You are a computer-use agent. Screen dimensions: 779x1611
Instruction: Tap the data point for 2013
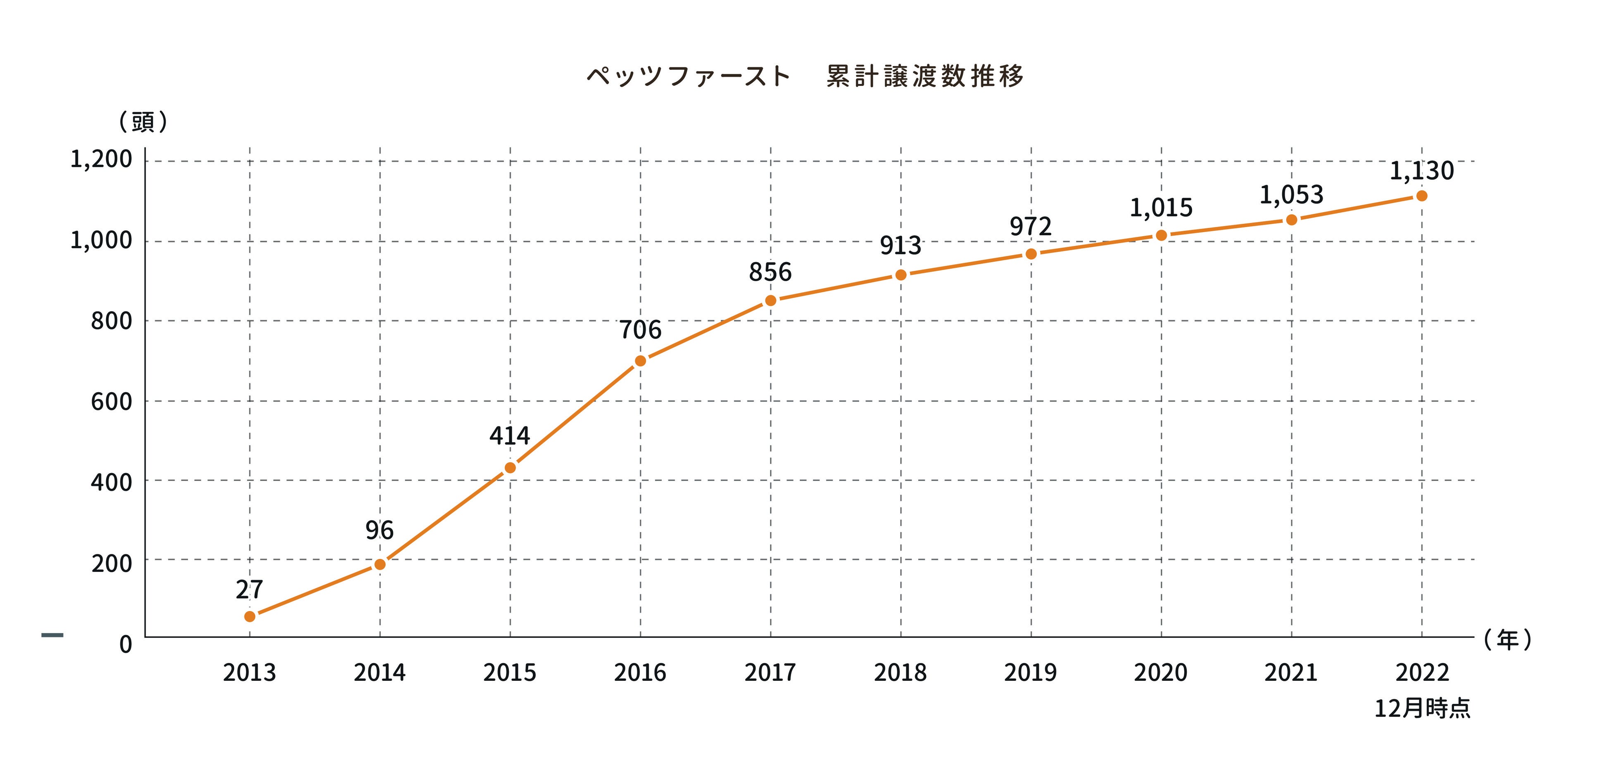click(249, 616)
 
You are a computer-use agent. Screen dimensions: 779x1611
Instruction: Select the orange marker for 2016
click(640, 361)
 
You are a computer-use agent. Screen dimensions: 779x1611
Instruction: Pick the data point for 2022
click(1421, 196)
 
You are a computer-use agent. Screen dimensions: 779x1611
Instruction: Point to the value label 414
click(510, 436)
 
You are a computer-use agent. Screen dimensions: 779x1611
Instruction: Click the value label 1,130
click(1421, 170)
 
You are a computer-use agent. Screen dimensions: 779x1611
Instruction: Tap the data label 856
click(770, 272)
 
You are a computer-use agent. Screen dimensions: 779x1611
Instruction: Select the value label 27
click(249, 590)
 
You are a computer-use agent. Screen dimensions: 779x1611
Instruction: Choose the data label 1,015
click(1161, 208)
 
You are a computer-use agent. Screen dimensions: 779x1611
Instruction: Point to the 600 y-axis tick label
click(111, 401)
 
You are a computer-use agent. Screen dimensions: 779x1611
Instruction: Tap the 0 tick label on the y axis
click(126, 644)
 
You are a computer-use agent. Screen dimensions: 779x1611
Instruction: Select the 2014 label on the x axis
click(380, 673)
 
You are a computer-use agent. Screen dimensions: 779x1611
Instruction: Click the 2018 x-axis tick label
click(901, 673)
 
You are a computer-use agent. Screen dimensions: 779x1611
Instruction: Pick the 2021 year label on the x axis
click(1291, 673)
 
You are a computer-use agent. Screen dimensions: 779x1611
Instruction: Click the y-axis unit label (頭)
click(143, 122)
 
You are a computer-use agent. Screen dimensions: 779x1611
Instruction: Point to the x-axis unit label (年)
click(1508, 639)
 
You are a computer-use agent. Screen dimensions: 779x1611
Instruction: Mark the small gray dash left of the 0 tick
click(52, 636)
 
